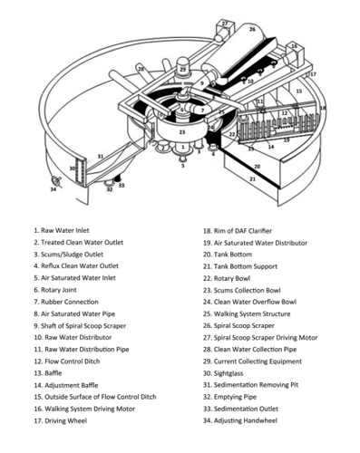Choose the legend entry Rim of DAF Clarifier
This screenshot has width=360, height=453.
240,231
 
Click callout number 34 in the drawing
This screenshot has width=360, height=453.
53,189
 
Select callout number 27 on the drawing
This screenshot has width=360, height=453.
224,23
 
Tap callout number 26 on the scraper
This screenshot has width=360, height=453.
252,29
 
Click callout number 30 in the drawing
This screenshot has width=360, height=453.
73,169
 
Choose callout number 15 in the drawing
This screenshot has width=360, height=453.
297,91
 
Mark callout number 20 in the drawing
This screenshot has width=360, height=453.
257,167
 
